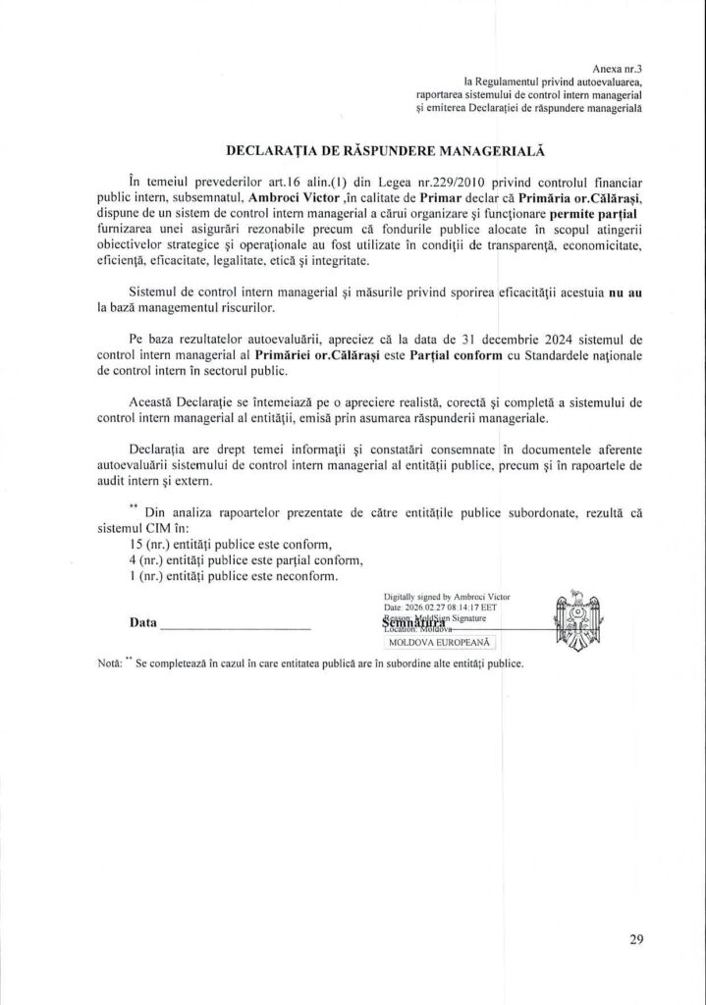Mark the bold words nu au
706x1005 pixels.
(x=626, y=292)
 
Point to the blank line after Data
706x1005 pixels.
(x=235, y=625)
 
